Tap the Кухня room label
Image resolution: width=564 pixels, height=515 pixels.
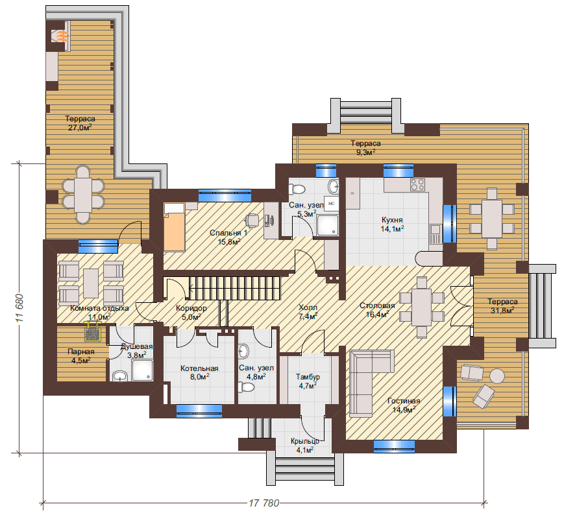[392, 220]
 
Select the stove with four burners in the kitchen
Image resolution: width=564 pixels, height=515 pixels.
[417, 185]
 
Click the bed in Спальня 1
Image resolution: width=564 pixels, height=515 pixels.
[175, 227]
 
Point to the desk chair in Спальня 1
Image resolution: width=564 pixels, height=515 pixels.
[252, 219]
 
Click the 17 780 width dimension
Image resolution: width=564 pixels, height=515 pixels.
[264, 503]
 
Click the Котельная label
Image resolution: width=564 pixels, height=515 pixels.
[199, 368]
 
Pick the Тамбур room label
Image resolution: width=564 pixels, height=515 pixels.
[308, 377]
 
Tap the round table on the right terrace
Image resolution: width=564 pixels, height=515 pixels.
[497, 376]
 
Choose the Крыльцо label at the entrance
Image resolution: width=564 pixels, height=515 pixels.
[305, 441]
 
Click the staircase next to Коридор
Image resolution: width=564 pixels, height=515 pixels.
[234, 288]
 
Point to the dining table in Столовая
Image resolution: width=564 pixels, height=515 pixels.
[422, 307]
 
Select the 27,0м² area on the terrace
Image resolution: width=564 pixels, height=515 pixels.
[80, 128]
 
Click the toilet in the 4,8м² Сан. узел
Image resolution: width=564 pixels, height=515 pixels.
[246, 387]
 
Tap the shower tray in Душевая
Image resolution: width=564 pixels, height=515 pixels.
[142, 370]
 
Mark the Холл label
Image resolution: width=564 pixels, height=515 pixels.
[308, 307]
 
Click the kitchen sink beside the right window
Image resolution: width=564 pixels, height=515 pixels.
[435, 234]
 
